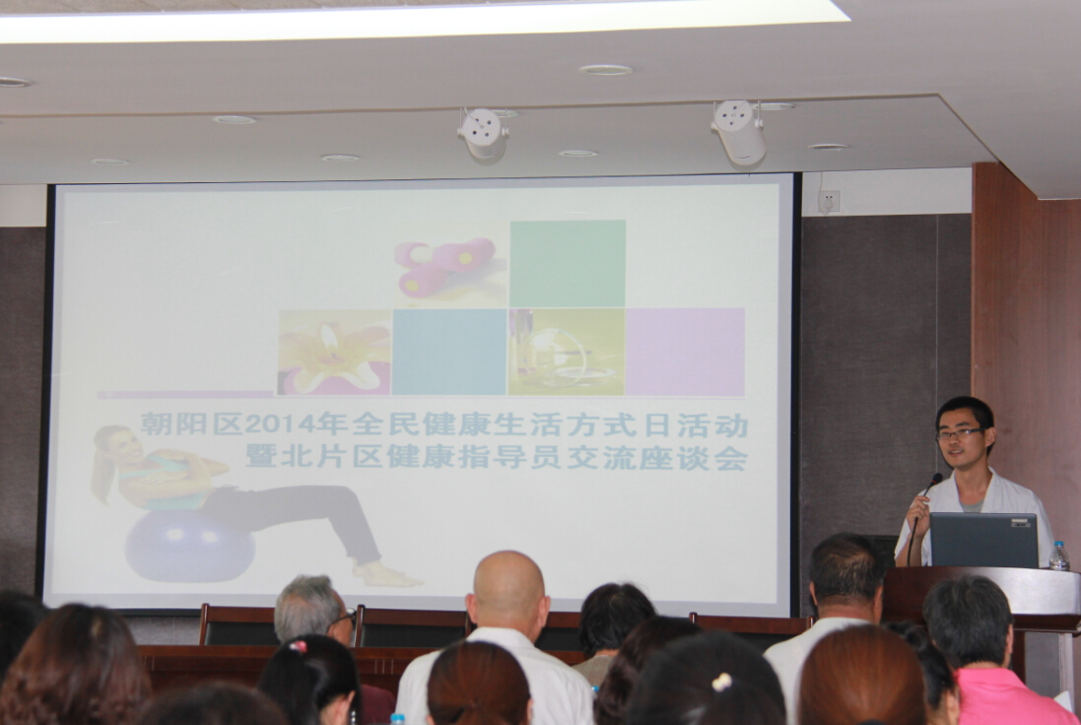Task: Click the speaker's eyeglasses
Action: pyautogui.click(x=959, y=433)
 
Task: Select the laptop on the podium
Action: pyautogui.click(x=983, y=540)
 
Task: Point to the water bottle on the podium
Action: pyautogui.click(x=1058, y=556)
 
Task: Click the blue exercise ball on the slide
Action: pyautogui.click(x=189, y=546)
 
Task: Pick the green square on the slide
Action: pyautogui.click(x=568, y=263)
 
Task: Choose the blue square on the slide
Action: pyautogui.click(x=448, y=352)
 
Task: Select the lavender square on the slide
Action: pyautogui.click(x=685, y=352)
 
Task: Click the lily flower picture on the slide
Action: pyautogui.click(x=334, y=353)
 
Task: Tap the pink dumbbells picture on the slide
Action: pyautogui.click(x=445, y=265)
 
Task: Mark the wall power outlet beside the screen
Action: pyautogui.click(x=829, y=201)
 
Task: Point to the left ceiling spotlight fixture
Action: pyautogui.click(x=483, y=134)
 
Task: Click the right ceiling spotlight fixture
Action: pyautogui.click(x=740, y=132)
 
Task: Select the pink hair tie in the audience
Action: pyautogui.click(x=298, y=646)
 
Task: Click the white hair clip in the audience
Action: pyautogui.click(x=721, y=682)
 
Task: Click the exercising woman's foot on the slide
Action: pyautogui.click(x=385, y=574)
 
